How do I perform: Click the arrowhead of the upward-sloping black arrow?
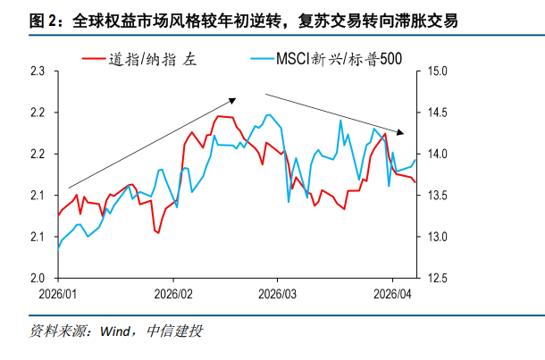(x=233, y=100)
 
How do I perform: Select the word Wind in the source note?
(x=116, y=331)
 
